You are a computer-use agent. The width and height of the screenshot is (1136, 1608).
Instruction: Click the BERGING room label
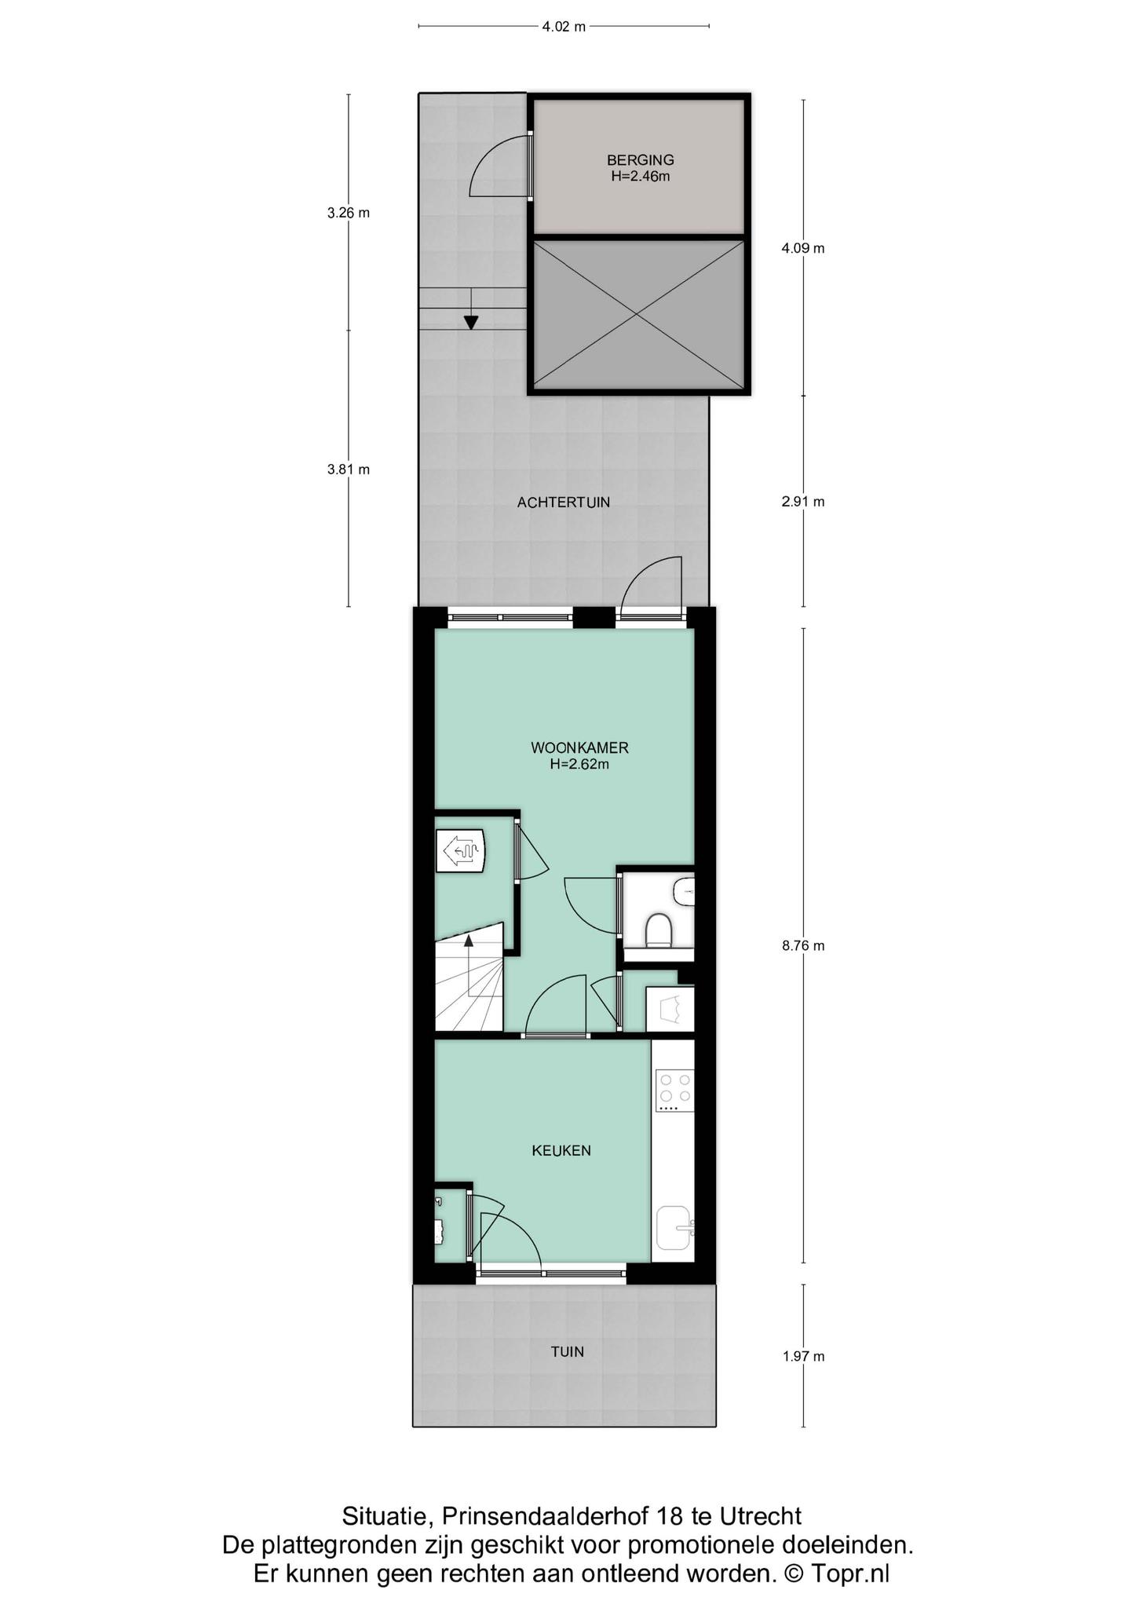point(640,160)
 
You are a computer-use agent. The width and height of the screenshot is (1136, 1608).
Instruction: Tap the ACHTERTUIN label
point(563,502)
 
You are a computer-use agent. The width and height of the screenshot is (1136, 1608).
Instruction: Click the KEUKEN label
point(561,1151)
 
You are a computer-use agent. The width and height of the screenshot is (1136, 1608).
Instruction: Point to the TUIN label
point(567,1352)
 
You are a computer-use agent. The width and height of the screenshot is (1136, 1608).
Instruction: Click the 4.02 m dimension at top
point(564,27)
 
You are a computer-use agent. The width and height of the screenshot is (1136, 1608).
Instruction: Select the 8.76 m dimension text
point(802,946)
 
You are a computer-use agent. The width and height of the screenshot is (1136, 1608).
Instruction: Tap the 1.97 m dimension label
point(802,1356)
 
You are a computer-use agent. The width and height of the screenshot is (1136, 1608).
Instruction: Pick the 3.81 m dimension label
point(348,470)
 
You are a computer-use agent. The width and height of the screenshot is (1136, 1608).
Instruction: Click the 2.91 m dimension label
point(802,502)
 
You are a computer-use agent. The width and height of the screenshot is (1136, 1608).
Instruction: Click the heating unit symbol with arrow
point(460,851)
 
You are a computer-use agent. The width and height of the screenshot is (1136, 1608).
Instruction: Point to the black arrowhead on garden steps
point(471,322)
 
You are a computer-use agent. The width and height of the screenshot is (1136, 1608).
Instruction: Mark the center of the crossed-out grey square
point(638,315)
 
